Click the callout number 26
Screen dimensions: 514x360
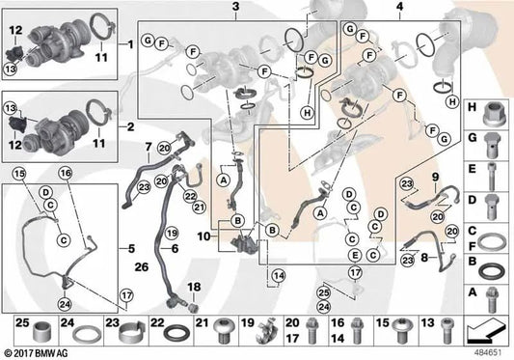142,267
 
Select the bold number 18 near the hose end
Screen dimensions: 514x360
194,287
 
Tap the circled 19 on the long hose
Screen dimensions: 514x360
171,233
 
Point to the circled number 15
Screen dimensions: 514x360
19,174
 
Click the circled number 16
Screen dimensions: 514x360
66,173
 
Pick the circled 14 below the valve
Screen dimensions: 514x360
279,276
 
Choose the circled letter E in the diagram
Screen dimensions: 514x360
355,255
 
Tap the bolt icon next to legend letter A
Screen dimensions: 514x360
491,299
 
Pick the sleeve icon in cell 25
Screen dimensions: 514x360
42,332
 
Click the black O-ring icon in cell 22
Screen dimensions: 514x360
176,333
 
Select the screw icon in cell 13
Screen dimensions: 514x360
447,331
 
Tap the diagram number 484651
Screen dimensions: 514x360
488,353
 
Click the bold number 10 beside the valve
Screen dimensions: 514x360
203,235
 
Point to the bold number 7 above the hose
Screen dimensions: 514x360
149,147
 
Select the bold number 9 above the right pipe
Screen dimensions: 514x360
435,177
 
